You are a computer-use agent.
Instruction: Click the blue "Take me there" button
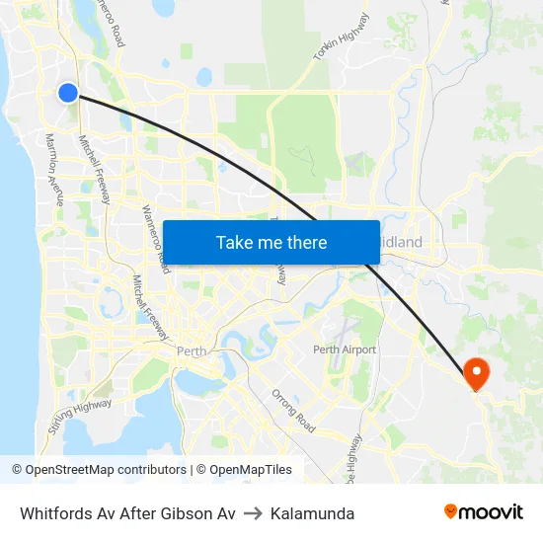point(271,242)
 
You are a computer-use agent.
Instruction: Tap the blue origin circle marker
point(68,92)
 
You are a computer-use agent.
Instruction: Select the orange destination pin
point(477,373)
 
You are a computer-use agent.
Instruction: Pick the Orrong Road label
point(293,411)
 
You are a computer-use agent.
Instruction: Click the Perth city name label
point(191,350)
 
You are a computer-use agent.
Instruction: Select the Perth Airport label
point(345,349)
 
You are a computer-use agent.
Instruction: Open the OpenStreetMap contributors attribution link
point(106,470)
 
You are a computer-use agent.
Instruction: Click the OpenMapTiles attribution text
point(250,470)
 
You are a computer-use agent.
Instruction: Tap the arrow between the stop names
point(254,513)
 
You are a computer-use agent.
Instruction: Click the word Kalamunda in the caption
point(313,513)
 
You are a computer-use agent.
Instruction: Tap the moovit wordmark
point(492,511)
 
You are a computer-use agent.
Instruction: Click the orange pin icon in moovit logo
point(451,511)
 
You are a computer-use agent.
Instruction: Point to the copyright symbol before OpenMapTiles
point(200,470)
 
